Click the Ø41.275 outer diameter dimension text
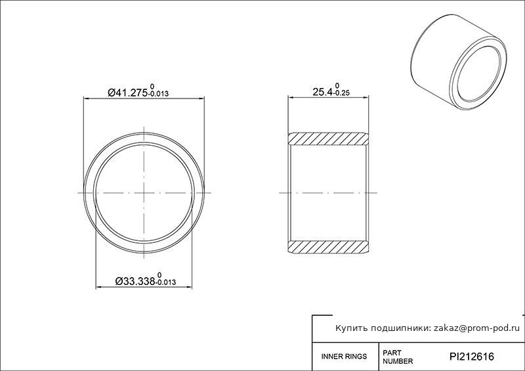click(127, 93)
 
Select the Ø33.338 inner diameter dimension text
click(135, 281)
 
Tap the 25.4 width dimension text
click(322, 92)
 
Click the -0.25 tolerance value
click(341, 93)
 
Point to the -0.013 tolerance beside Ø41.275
click(158, 94)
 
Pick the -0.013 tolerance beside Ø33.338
click(165, 282)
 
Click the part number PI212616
click(471, 357)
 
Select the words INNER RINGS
click(344, 357)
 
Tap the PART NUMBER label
click(398, 357)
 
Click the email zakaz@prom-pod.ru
click(477, 328)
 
